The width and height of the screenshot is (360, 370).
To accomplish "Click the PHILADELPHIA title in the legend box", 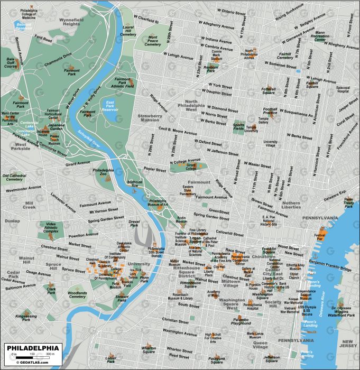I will [x=32, y=348].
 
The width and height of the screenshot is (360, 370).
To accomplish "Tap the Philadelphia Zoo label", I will [x=103, y=172].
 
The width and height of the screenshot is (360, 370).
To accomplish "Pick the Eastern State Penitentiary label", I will [x=188, y=190].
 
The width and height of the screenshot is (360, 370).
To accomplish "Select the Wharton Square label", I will [x=148, y=349].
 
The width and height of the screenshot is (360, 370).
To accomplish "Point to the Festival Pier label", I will [x=319, y=236].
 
